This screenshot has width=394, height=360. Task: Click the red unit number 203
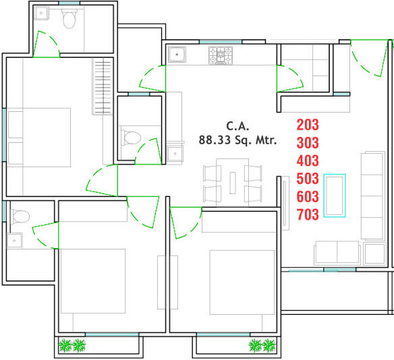point(308,125)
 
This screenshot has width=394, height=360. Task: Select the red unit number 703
point(308,214)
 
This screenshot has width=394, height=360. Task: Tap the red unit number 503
point(308,179)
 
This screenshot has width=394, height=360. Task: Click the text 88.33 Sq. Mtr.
point(237,140)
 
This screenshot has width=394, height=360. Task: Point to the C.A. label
point(237,126)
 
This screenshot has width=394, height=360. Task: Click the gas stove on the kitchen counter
point(221,55)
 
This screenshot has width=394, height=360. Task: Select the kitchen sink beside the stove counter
point(177,54)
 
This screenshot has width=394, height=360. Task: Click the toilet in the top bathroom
point(69,19)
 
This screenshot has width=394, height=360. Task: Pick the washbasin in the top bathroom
point(41,13)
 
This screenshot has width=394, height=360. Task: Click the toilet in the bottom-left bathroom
point(20,216)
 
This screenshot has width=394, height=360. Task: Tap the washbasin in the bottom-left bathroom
point(14,241)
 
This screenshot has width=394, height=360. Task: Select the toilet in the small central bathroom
point(131,138)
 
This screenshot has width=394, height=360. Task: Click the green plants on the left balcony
point(72,345)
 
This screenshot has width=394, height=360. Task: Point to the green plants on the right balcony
point(262,345)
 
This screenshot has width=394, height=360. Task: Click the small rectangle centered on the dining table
point(233,183)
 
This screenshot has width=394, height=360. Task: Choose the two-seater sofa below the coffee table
point(337,253)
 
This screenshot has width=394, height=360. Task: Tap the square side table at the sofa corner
point(374,253)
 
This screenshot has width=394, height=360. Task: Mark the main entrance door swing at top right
point(369,58)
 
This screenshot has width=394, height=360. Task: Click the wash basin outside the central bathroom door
point(175,154)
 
